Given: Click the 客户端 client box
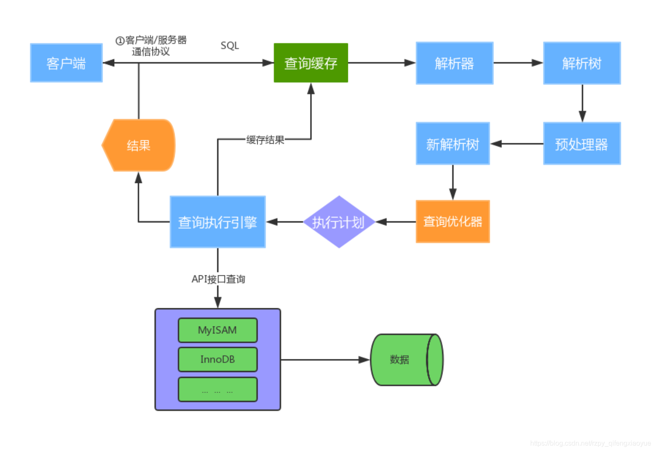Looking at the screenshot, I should coord(66,63).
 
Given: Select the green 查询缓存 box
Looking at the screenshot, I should coord(311,63).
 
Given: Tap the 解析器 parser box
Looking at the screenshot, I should coord(454,63).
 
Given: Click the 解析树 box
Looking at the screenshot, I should coord(582,63).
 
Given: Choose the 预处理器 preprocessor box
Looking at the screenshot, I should coord(582,144).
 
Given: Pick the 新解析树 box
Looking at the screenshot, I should coord(453,144).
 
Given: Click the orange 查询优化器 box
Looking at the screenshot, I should coord(453,221).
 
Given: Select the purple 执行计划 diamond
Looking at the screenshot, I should coord(339,222).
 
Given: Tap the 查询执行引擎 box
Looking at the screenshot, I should coord(218,222).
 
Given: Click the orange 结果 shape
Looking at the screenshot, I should coord(139,145).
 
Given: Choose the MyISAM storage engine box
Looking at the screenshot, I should coord(218,330).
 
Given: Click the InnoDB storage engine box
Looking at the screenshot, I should coord(218,359).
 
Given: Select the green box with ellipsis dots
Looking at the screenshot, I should coord(218,390).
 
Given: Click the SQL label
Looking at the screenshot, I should coord(230,46).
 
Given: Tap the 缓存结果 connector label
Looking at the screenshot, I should coord(265,140).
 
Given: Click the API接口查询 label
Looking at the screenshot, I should coord(218,279).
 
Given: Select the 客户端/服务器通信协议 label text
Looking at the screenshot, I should coord(151,46).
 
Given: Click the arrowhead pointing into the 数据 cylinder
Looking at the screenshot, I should coord(365,360).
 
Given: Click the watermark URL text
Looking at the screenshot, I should coord(590,443).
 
